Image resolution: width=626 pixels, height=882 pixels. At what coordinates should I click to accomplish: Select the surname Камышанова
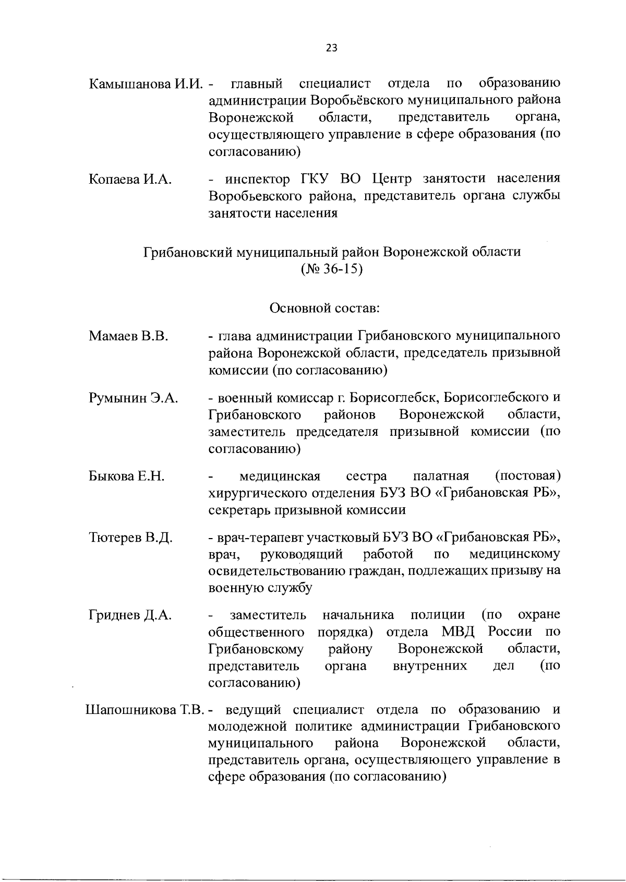click(x=130, y=84)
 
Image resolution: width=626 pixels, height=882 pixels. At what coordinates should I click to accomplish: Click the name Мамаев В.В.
click(x=128, y=336)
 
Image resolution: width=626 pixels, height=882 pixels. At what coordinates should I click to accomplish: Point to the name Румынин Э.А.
click(x=133, y=398)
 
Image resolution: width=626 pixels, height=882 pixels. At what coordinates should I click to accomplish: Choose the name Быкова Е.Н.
click(x=127, y=476)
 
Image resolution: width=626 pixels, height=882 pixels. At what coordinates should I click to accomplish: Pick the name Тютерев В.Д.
click(x=130, y=537)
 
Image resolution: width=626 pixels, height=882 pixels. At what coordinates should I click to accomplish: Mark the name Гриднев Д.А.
click(x=130, y=615)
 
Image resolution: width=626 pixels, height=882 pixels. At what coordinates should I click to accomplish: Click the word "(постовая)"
click(x=527, y=476)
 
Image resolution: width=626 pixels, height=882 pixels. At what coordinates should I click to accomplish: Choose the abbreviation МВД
click(x=459, y=632)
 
